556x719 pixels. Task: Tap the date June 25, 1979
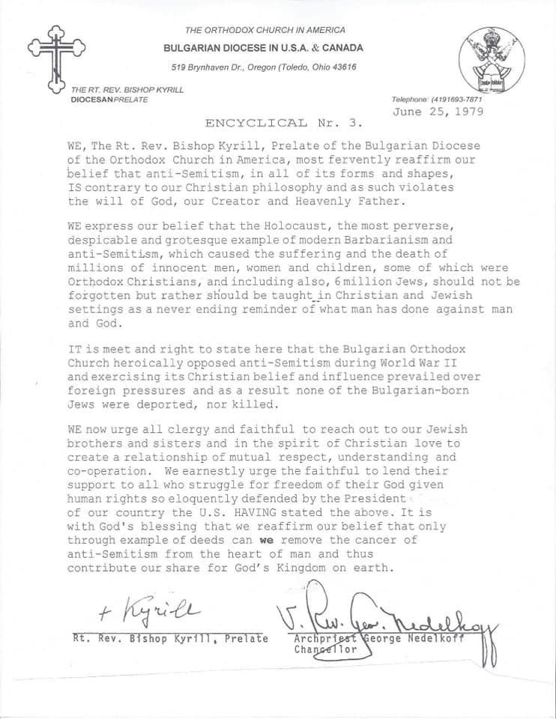(438, 112)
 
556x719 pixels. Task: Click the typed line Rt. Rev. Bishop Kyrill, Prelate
(170, 638)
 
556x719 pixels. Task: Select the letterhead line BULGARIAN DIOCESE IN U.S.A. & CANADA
(264, 48)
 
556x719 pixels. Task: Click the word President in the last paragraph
(375, 498)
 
